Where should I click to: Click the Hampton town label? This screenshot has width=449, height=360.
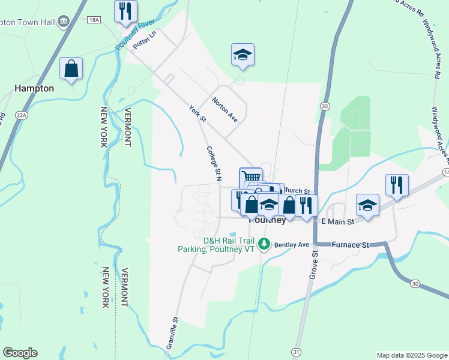pos(34,88)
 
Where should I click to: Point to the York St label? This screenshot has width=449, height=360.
pos(197,114)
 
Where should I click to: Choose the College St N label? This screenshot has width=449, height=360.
pos(214,162)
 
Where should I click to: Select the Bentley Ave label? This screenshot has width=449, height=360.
pos(291,245)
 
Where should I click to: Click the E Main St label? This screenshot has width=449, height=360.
pos(338,221)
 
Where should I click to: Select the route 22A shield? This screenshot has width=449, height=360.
pos(22,115)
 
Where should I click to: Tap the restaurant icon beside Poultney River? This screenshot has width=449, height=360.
pos(125,11)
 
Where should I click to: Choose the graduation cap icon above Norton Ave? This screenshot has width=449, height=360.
pos(243,54)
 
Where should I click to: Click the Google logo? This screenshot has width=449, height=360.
pos(20,353)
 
